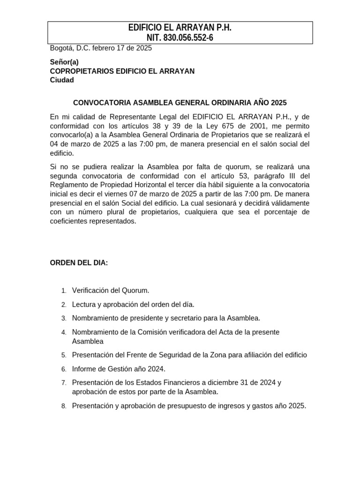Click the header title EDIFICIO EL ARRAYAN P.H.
point(180,28)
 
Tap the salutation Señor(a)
point(64,62)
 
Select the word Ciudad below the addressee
point(62,80)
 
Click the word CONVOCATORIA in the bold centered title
point(102,102)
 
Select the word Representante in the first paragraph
point(129,117)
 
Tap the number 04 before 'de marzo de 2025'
point(54,144)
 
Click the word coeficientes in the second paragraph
point(71,221)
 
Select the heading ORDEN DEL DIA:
point(79,263)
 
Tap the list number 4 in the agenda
point(63,332)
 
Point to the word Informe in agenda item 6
point(84,369)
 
